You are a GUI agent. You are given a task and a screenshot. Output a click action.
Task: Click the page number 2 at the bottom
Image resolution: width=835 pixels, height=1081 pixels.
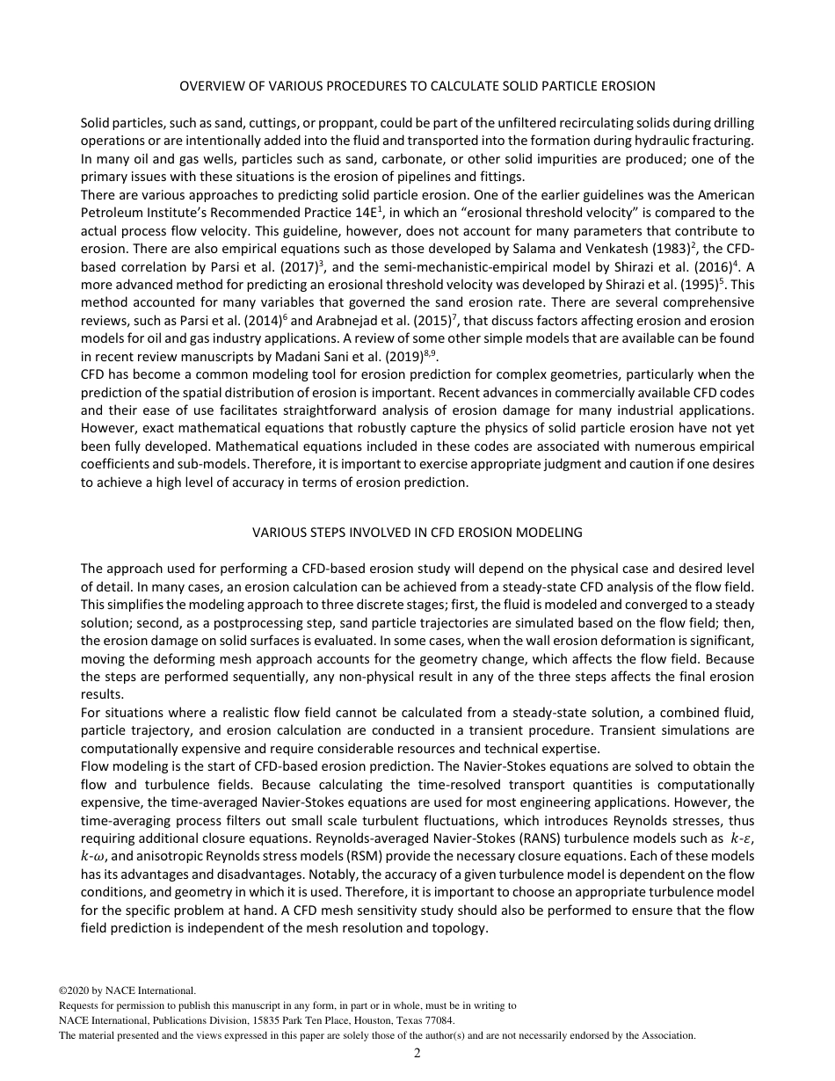pos(417,1053)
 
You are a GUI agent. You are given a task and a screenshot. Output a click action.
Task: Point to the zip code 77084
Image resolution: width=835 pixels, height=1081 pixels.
pos(439,1020)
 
